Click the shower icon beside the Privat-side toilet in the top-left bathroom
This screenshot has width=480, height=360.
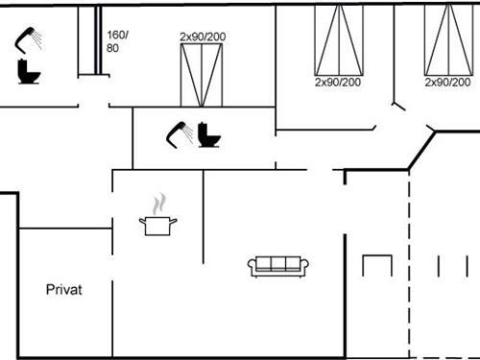(29, 39)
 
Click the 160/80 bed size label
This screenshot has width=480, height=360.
(115, 41)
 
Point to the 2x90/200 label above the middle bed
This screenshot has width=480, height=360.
(202, 36)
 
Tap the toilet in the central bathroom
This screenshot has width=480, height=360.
(208, 135)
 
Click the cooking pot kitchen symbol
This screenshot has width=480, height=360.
(158, 226)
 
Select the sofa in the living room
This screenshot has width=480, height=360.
(277, 266)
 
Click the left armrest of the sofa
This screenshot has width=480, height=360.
(252, 267)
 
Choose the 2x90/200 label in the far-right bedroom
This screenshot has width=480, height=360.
(448, 83)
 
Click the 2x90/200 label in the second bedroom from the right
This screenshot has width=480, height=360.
(338, 83)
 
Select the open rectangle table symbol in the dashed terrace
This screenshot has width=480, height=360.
(377, 266)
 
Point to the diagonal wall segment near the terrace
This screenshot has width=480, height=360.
(420, 151)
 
